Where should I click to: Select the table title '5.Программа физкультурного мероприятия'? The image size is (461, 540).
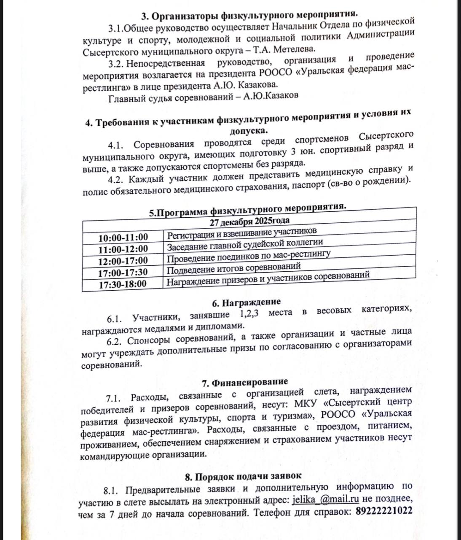(249, 211)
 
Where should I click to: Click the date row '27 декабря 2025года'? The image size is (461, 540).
(249, 221)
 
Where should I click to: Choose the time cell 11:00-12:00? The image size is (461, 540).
(123, 249)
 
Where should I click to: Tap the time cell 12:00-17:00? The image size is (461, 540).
(123, 260)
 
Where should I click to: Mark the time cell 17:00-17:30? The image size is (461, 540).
(123, 272)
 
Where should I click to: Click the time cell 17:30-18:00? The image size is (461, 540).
(123, 283)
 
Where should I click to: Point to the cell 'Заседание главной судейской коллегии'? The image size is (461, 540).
(245, 245)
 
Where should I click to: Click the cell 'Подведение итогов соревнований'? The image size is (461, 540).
(234, 268)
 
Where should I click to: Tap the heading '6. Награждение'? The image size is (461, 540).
(246, 302)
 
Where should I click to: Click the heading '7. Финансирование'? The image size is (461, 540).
(245, 382)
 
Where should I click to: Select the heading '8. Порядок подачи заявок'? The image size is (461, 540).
(243, 476)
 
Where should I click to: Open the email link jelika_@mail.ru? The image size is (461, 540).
(326, 499)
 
